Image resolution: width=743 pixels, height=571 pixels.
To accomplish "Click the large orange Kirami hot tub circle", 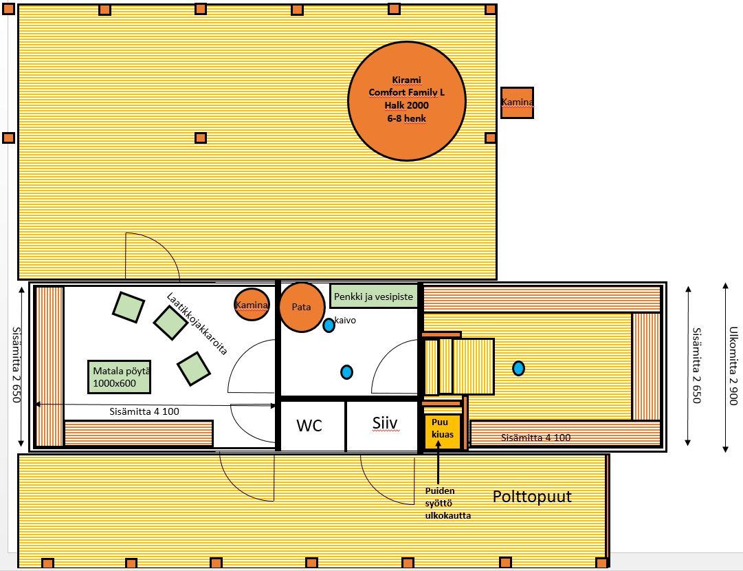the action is (407, 102).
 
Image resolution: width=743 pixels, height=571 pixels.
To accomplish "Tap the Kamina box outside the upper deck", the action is (517, 103).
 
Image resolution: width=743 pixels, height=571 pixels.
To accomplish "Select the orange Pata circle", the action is (301, 308).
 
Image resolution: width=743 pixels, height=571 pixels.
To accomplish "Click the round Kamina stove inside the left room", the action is (252, 305).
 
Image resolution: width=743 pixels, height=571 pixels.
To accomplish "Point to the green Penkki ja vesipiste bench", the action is (373, 297).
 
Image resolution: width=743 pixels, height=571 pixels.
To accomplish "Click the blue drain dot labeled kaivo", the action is (329, 325).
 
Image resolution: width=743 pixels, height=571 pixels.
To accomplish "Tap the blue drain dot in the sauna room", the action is (519, 368).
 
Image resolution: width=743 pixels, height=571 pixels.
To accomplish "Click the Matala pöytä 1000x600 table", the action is (120, 377).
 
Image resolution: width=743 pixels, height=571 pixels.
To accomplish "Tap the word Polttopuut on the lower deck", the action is (532, 497).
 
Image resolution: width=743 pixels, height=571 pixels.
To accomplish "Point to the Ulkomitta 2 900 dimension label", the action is (733, 366).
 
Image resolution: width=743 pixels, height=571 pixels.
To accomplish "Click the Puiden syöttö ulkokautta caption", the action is (447, 503).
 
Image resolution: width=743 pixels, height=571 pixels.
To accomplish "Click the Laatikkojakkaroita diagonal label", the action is (197, 323).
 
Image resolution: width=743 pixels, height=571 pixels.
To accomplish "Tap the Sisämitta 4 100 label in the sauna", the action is (535, 438).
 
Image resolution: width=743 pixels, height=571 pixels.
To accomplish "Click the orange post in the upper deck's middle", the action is (201, 138).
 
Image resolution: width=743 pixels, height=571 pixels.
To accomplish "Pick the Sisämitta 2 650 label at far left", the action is (16, 365).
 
